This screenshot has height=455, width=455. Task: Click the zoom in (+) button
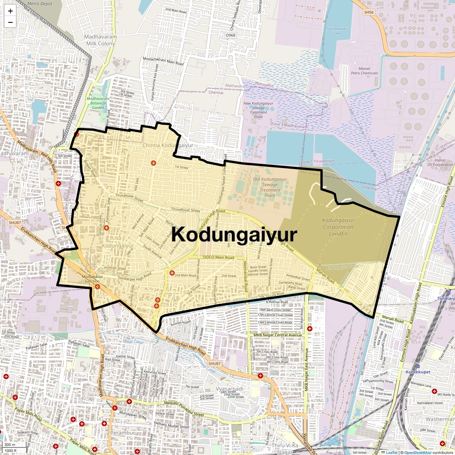point(10,11)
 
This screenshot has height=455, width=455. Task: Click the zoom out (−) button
point(10,22)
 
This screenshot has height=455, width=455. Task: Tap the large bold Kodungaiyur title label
point(234,235)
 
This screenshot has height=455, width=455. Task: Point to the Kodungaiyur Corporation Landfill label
point(338,227)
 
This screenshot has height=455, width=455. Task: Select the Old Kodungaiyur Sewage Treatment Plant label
point(270,187)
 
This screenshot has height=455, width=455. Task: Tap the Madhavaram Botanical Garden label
point(98,103)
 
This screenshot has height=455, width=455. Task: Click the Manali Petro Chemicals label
point(364,71)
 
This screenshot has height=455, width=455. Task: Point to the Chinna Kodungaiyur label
point(168,145)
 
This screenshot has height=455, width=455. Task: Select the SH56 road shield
point(369,13)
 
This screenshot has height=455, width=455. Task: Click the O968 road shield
point(230,35)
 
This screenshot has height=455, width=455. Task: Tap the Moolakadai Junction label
point(92,279)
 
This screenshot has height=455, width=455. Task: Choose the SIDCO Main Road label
point(218,257)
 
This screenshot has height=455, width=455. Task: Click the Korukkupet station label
point(418,372)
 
